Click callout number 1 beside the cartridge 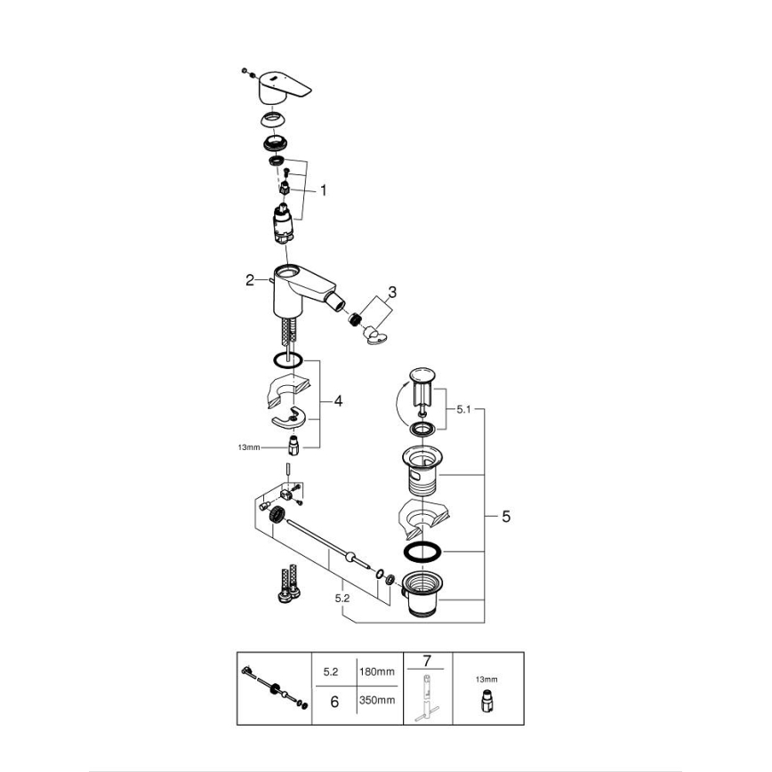click(x=323, y=189)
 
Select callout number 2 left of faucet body click(x=251, y=280)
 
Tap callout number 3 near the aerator click(x=392, y=293)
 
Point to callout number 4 click(x=338, y=401)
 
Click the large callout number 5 click(x=506, y=516)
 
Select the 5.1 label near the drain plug click(x=462, y=410)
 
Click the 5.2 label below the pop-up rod click(x=342, y=599)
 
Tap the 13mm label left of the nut click(x=249, y=447)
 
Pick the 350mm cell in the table click(x=377, y=701)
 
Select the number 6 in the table click(x=334, y=701)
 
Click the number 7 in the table click(x=426, y=661)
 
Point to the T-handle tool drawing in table click(x=427, y=697)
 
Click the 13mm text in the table click(x=487, y=679)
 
